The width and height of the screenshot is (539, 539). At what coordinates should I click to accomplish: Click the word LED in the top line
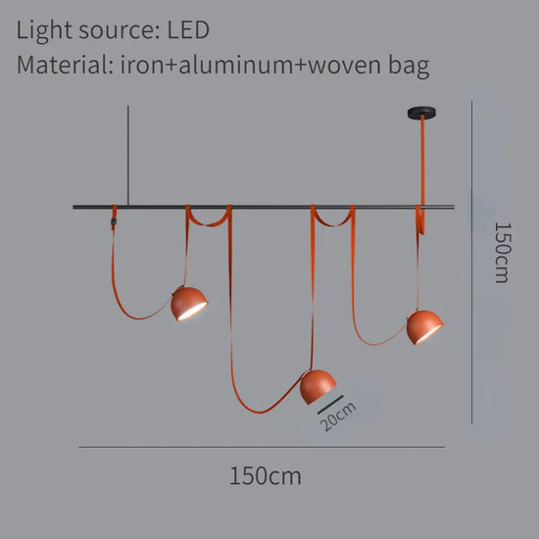coord(188,30)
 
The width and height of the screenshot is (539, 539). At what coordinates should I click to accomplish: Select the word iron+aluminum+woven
coord(251,65)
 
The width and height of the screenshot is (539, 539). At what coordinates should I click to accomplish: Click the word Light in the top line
coord(44,31)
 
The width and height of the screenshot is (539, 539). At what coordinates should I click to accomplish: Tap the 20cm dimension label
coord(337,416)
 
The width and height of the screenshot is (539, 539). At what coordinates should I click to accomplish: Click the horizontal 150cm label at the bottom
coord(265,475)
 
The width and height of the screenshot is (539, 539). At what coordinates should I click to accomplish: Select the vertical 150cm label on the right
coord(502,253)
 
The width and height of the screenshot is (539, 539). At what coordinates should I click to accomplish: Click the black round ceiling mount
coord(421,113)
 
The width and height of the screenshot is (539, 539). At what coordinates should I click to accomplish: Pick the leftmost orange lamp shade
coord(189,304)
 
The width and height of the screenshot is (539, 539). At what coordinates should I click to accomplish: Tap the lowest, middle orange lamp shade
coord(318,387)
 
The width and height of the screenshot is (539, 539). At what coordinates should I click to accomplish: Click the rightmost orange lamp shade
coord(425,327)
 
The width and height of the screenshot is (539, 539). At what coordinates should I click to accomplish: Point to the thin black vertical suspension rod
coord(128,156)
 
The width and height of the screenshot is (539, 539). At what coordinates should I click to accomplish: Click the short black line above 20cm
coord(330,405)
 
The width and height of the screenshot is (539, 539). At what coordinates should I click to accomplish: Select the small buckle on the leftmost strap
coord(114,220)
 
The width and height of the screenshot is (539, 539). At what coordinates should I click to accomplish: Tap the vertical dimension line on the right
coord(471,263)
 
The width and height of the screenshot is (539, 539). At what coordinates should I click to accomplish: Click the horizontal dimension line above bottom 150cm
coord(262,447)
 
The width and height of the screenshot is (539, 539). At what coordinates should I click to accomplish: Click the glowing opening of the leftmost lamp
coord(193,312)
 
